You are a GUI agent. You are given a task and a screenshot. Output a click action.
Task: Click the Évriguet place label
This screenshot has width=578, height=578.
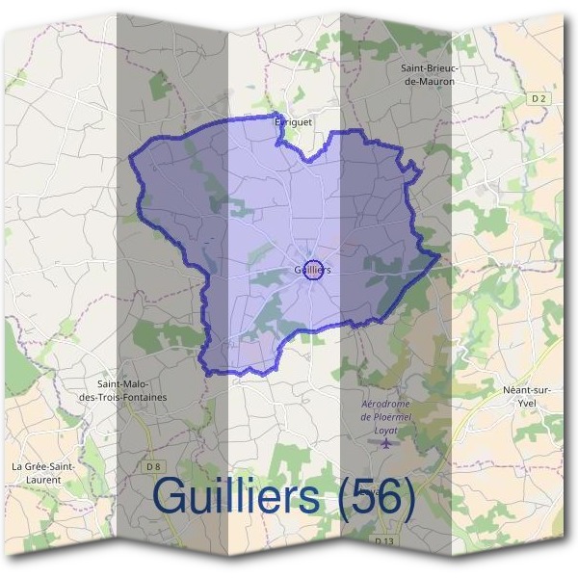point(294,122)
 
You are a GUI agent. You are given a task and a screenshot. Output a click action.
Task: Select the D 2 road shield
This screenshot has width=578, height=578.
point(539,98)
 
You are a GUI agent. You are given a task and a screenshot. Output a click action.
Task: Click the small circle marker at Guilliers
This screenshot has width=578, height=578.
point(311,270)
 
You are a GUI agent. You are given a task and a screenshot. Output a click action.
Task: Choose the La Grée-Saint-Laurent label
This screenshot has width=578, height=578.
point(43,472)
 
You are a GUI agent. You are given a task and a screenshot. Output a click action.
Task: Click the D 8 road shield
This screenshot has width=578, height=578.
point(152,466)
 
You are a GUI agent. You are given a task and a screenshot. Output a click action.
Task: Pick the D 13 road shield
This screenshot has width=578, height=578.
point(382,542)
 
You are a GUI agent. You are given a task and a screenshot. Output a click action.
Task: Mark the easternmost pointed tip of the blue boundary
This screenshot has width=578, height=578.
point(439,256)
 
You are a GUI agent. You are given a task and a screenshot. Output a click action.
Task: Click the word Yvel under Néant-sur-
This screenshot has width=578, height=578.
point(527,403)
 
